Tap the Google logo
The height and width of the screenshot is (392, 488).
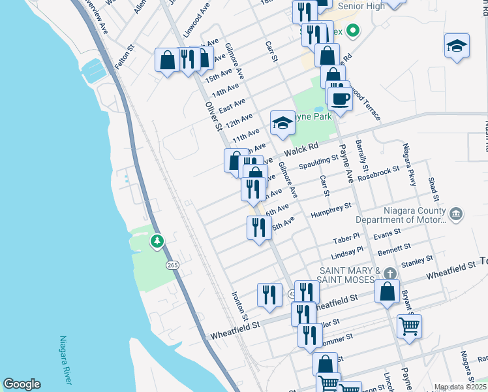tap(22, 385)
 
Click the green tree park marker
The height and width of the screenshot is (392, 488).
tap(157, 242)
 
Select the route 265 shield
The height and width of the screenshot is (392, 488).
tap(172, 265)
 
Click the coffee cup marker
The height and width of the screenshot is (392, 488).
tap(339, 99)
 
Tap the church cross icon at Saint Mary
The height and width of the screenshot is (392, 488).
tap(389, 274)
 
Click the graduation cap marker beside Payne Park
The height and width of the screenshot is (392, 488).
tap(282, 122)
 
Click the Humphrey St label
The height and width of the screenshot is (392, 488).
tap(331, 211)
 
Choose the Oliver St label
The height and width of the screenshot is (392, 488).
tap(213, 115)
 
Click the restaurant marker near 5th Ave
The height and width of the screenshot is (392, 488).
tap(259, 228)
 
